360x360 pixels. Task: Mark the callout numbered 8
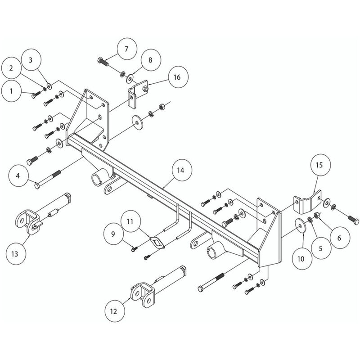coord(150,60)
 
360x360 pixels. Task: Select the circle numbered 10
coord(301,258)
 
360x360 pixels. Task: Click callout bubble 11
coord(130,221)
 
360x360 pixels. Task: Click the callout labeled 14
coord(180,171)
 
